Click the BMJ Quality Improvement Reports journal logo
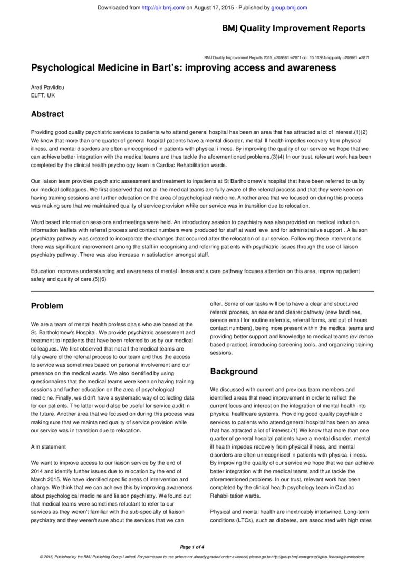(x=293, y=28)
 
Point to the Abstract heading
(x=47, y=114)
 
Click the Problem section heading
(x=47, y=306)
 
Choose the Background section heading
(x=234, y=371)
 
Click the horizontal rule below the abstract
(x=202, y=291)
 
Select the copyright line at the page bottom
(x=202, y=557)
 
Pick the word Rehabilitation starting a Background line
(x=229, y=496)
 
